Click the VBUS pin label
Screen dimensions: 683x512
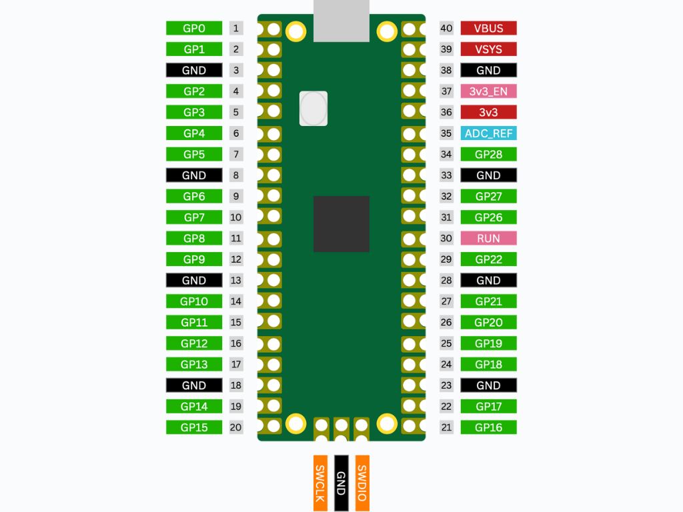(x=488, y=28)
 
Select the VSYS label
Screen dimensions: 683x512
(x=488, y=49)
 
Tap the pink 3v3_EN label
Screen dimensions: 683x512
(x=488, y=91)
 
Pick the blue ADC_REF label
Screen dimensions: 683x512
(x=488, y=133)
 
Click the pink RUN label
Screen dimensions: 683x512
(x=488, y=238)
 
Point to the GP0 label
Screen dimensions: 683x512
(x=194, y=28)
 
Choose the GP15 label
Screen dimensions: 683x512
(x=194, y=427)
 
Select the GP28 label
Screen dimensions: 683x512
(x=488, y=154)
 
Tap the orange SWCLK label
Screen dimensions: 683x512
(x=320, y=483)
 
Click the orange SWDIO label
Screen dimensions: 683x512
(x=362, y=483)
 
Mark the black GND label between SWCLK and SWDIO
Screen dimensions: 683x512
(x=341, y=483)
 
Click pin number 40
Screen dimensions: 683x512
(x=446, y=28)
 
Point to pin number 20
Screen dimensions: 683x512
(x=235, y=427)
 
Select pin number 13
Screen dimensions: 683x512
(x=235, y=281)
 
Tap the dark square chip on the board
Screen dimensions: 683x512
(x=341, y=224)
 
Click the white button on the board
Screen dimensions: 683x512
(x=313, y=109)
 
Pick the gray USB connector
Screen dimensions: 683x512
(x=341, y=21)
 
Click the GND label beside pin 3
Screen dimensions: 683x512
(x=194, y=70)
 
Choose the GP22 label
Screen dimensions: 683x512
(x=488, y=259)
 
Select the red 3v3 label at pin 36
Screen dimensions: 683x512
(x=488, y=112)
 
